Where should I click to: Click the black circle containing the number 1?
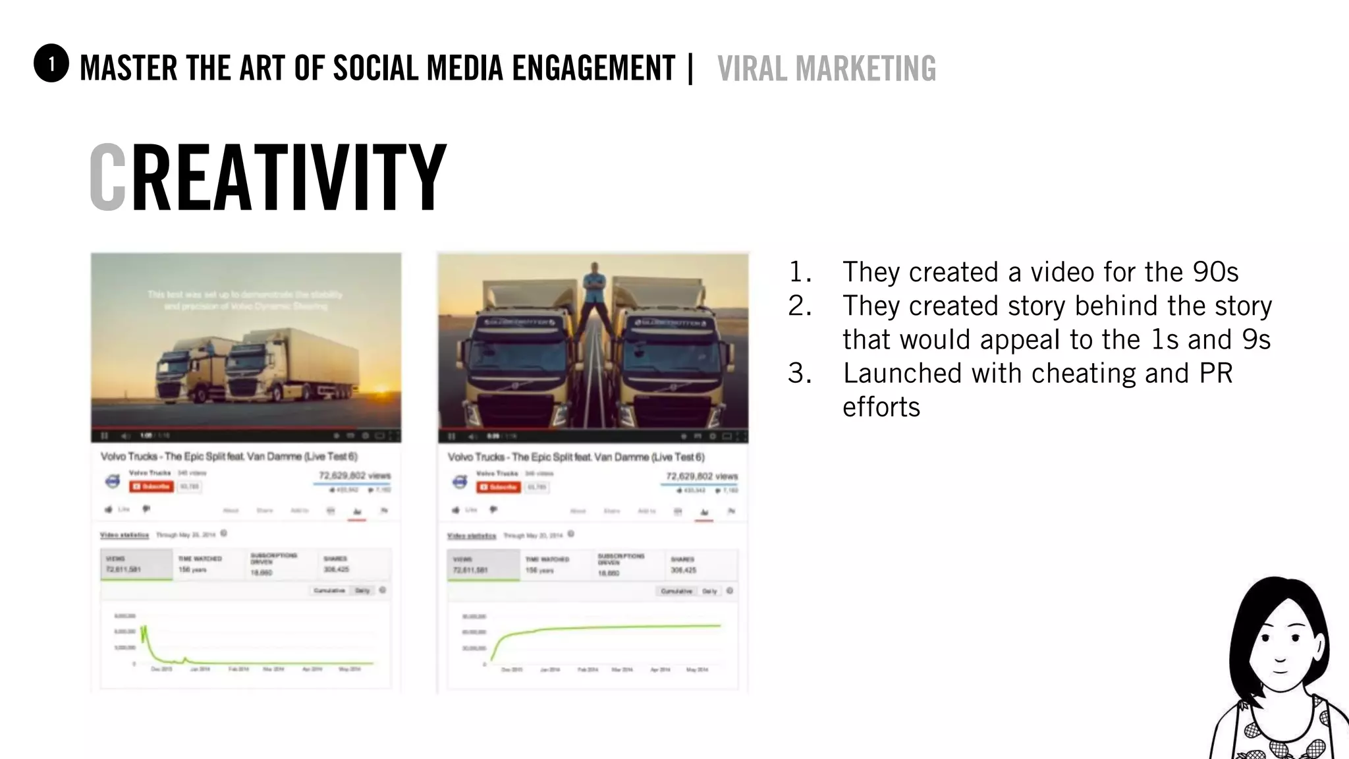51,64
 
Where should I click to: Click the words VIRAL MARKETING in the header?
826,69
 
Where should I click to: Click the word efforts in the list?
881,407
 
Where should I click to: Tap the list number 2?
799,306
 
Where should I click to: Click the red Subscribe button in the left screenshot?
151,486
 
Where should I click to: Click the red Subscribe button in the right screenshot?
499,487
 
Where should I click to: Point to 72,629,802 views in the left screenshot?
354,475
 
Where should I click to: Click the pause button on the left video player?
104,436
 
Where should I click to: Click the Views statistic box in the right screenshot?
483,565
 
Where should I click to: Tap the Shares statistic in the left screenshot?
336,564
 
